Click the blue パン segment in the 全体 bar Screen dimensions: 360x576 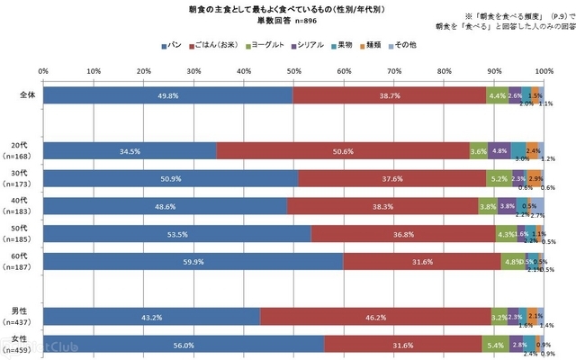point(167,94)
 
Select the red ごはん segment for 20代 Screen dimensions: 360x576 point(342,150)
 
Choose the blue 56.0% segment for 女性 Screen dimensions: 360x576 point(183,344)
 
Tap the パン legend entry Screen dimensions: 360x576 point(175,44)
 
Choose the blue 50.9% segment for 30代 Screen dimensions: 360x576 point(170,178)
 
